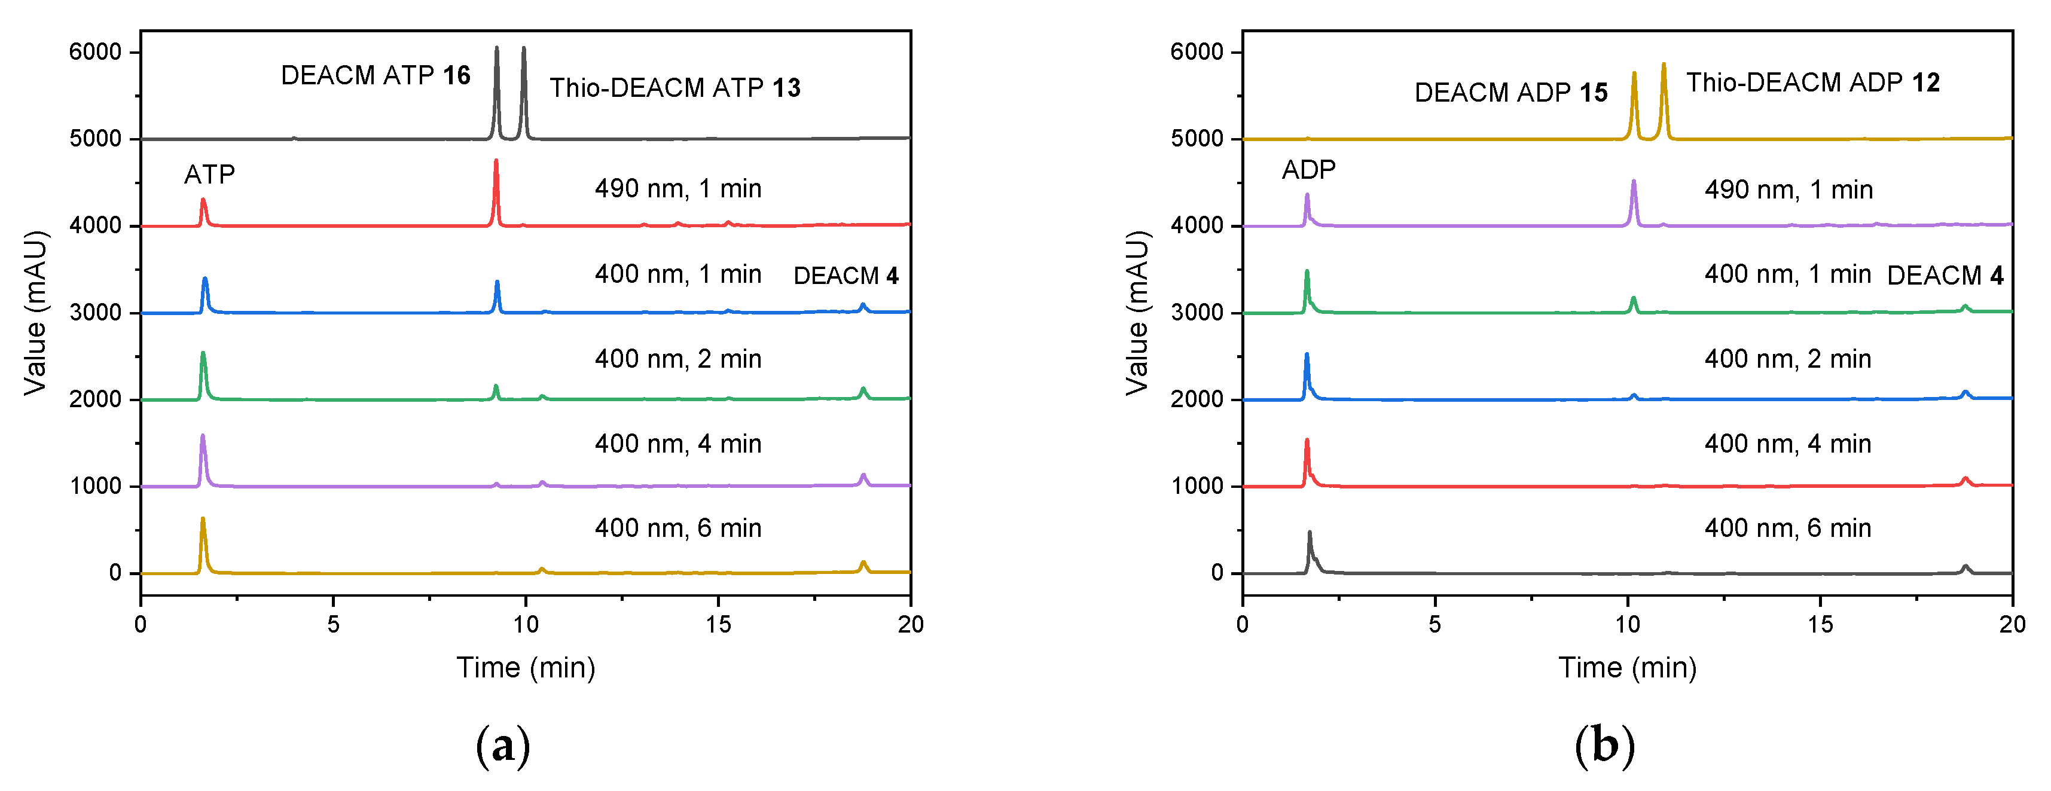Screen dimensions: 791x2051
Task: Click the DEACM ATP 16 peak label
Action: pos(375,75)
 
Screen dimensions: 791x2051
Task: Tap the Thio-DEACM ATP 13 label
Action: pos(674,87)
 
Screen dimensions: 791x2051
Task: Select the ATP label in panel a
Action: pos(209,174)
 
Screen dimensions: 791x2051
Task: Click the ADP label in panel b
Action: pos(1308,170)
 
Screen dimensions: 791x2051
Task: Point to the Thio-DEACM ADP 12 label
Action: pos(1812,82)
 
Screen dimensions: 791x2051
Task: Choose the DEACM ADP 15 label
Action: pos(1510,92)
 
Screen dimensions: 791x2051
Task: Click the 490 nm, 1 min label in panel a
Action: pos(677,188)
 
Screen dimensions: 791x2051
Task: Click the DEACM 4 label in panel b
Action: pos(1945,276)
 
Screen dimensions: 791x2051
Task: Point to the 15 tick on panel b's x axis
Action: pos(1820,624)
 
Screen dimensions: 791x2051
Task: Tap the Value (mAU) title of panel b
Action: pos(1137,312)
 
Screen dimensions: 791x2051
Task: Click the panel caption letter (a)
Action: pos(502,746)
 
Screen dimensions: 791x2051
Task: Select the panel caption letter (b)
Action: pos(1604,746)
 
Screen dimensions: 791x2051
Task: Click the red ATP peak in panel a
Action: pos(203,209)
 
